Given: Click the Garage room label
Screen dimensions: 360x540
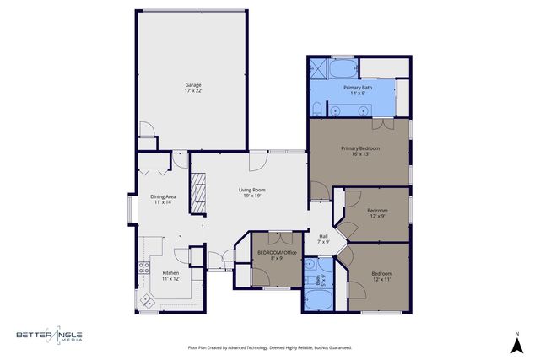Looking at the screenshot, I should pyautogui.click(x=193, y=88).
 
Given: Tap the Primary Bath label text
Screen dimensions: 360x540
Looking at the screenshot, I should pyautogui.click(x=359, y=90).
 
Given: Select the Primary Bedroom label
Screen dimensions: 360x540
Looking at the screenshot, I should pyautogui.click(x=360, y=152).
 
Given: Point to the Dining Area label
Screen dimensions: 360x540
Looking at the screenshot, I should pyautogui.click(x=163, y=199).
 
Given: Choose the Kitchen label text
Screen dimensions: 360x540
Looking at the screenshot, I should pyautogui.click(x=170, y=276).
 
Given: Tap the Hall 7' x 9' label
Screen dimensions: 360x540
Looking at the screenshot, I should pyautogui.click(x=324, y=239).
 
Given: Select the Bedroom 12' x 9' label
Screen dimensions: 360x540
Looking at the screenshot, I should pyautogui.click(x=377, y=213).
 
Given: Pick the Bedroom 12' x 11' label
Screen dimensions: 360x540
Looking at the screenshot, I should pyautogui.click(x=382, y=276).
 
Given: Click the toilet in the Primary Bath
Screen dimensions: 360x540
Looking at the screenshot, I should pyautogui.click(x=315, y=108).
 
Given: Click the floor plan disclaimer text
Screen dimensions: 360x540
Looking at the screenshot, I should pyautogui.click(x=269, y=347).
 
